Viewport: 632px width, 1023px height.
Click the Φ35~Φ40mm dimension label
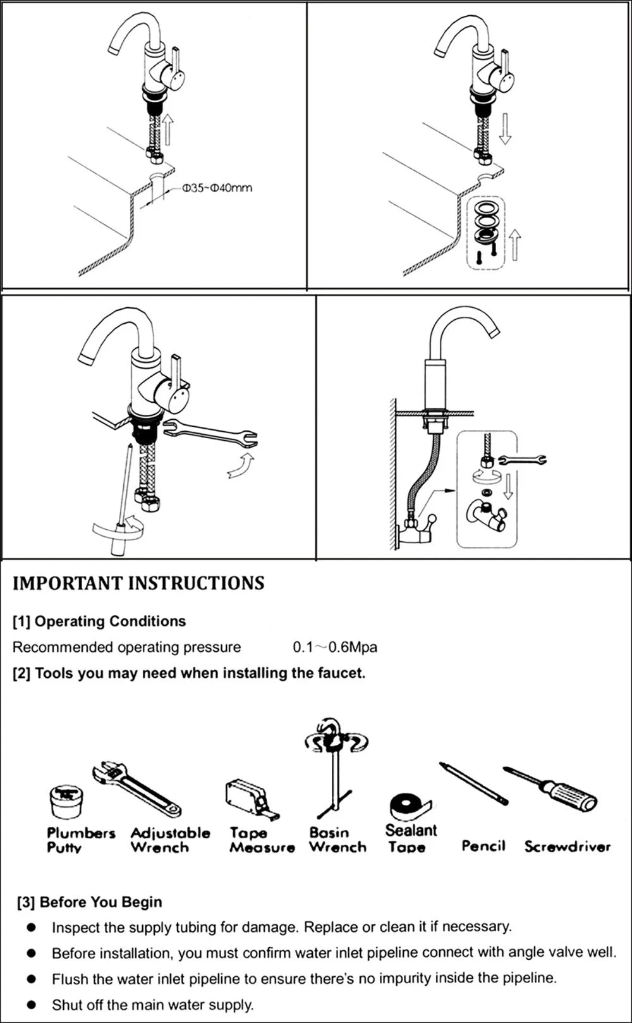coord(217,188)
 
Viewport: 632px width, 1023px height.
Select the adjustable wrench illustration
coord(137,789)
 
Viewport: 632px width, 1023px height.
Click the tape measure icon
coord(248,797)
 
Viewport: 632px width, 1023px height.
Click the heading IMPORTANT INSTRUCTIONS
coord(138,583)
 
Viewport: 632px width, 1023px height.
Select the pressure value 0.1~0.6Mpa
coord(335,647)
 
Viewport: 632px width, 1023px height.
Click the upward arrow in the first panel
coord(168,130)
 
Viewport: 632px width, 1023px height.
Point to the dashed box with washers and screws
coord(487,233)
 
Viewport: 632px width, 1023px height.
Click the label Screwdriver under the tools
coord(567,847)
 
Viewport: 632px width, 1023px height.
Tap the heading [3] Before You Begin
coord(90,902)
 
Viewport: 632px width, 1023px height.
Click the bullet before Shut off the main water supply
coord(31,1005)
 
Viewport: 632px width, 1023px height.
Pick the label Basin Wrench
coord(337,840)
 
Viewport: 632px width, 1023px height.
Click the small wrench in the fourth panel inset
coord(522,460)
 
